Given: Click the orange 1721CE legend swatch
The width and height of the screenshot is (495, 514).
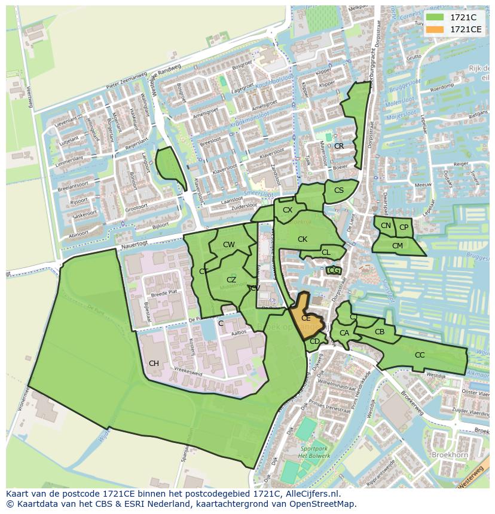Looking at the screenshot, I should pyautogui.click(x=435, y=29).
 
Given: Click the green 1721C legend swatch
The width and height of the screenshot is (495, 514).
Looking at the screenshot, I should pyautogui.click(x=435, y=17).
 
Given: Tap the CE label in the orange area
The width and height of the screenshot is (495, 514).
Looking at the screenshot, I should pyautogui.click(x=305, y=318).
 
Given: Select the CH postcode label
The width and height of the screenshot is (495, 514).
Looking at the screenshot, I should pyautogui.click(x=154, y=363).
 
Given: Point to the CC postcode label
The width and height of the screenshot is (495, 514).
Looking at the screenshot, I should pyautogui.click(x=420, y=355).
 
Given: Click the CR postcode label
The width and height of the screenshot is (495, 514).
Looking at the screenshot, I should pyautogui.click(x=339, y=146).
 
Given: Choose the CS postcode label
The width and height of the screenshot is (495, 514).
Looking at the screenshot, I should pyautogui.click(x=339, y=190).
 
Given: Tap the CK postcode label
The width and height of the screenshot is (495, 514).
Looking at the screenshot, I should pyautogui.click(x=302, y=239).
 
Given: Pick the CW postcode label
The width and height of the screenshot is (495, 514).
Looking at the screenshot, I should pyautogui.click(x=229, y=244).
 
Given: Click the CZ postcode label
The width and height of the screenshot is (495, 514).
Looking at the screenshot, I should pyautogui.click(x=231, y=279).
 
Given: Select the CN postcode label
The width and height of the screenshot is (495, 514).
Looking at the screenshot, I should pyautogui.click(x=386, y=225).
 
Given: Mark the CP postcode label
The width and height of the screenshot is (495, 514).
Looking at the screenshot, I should pyautogui.click(x=404, y=227).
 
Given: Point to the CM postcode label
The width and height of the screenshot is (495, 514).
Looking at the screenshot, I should pyautogui.click(x=398, y=245).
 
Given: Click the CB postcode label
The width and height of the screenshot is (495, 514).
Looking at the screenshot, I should pyautogui.click(x=380, y=331).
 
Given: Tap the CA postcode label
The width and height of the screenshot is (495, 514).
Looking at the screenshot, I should pyautogui.click(x=344, y=333).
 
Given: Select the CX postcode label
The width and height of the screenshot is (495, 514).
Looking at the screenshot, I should pyautogui.click(x=288, y=210).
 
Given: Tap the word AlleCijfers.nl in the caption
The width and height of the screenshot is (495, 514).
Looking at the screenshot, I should pyautogui.click(x=309, y=494).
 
